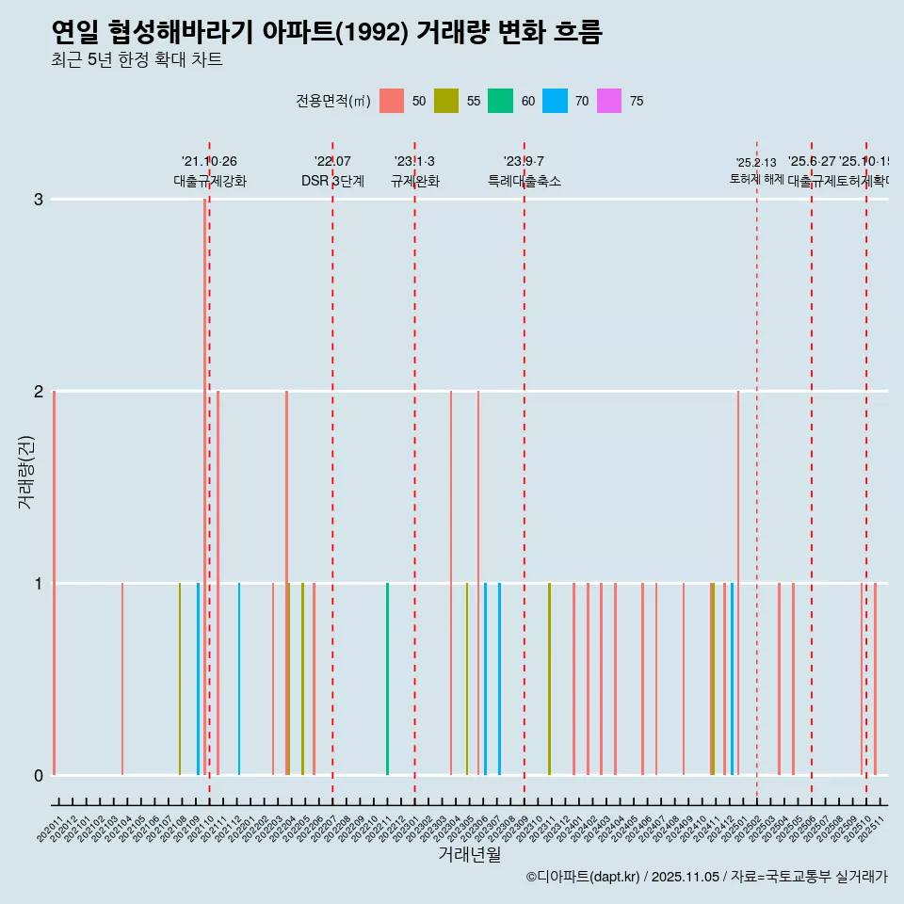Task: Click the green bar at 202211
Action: (x=387, y=679)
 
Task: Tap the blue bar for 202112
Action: (x=239, y=679)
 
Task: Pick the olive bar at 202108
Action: (x=180, y=679)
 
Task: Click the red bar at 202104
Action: (x=122, y=679)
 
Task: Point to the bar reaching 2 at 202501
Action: (x=738, y=583)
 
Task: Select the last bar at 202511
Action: (x=875, y=679)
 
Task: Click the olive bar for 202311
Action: (x=549, y=679)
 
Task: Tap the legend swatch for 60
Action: (x=500, y=101)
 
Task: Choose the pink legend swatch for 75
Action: (x=609, y=101)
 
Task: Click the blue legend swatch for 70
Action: (x=555, y=101)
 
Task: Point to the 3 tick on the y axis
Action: (x=38, y=200)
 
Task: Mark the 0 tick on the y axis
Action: (x=38, y=775)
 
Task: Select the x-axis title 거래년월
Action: (x=469, y=854)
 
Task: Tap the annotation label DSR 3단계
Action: (x=332, y=181)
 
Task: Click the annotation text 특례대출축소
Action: (x=524, y=181)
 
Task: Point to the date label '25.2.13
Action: (x=756, y=163)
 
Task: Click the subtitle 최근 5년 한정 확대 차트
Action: (x=137, y=60)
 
